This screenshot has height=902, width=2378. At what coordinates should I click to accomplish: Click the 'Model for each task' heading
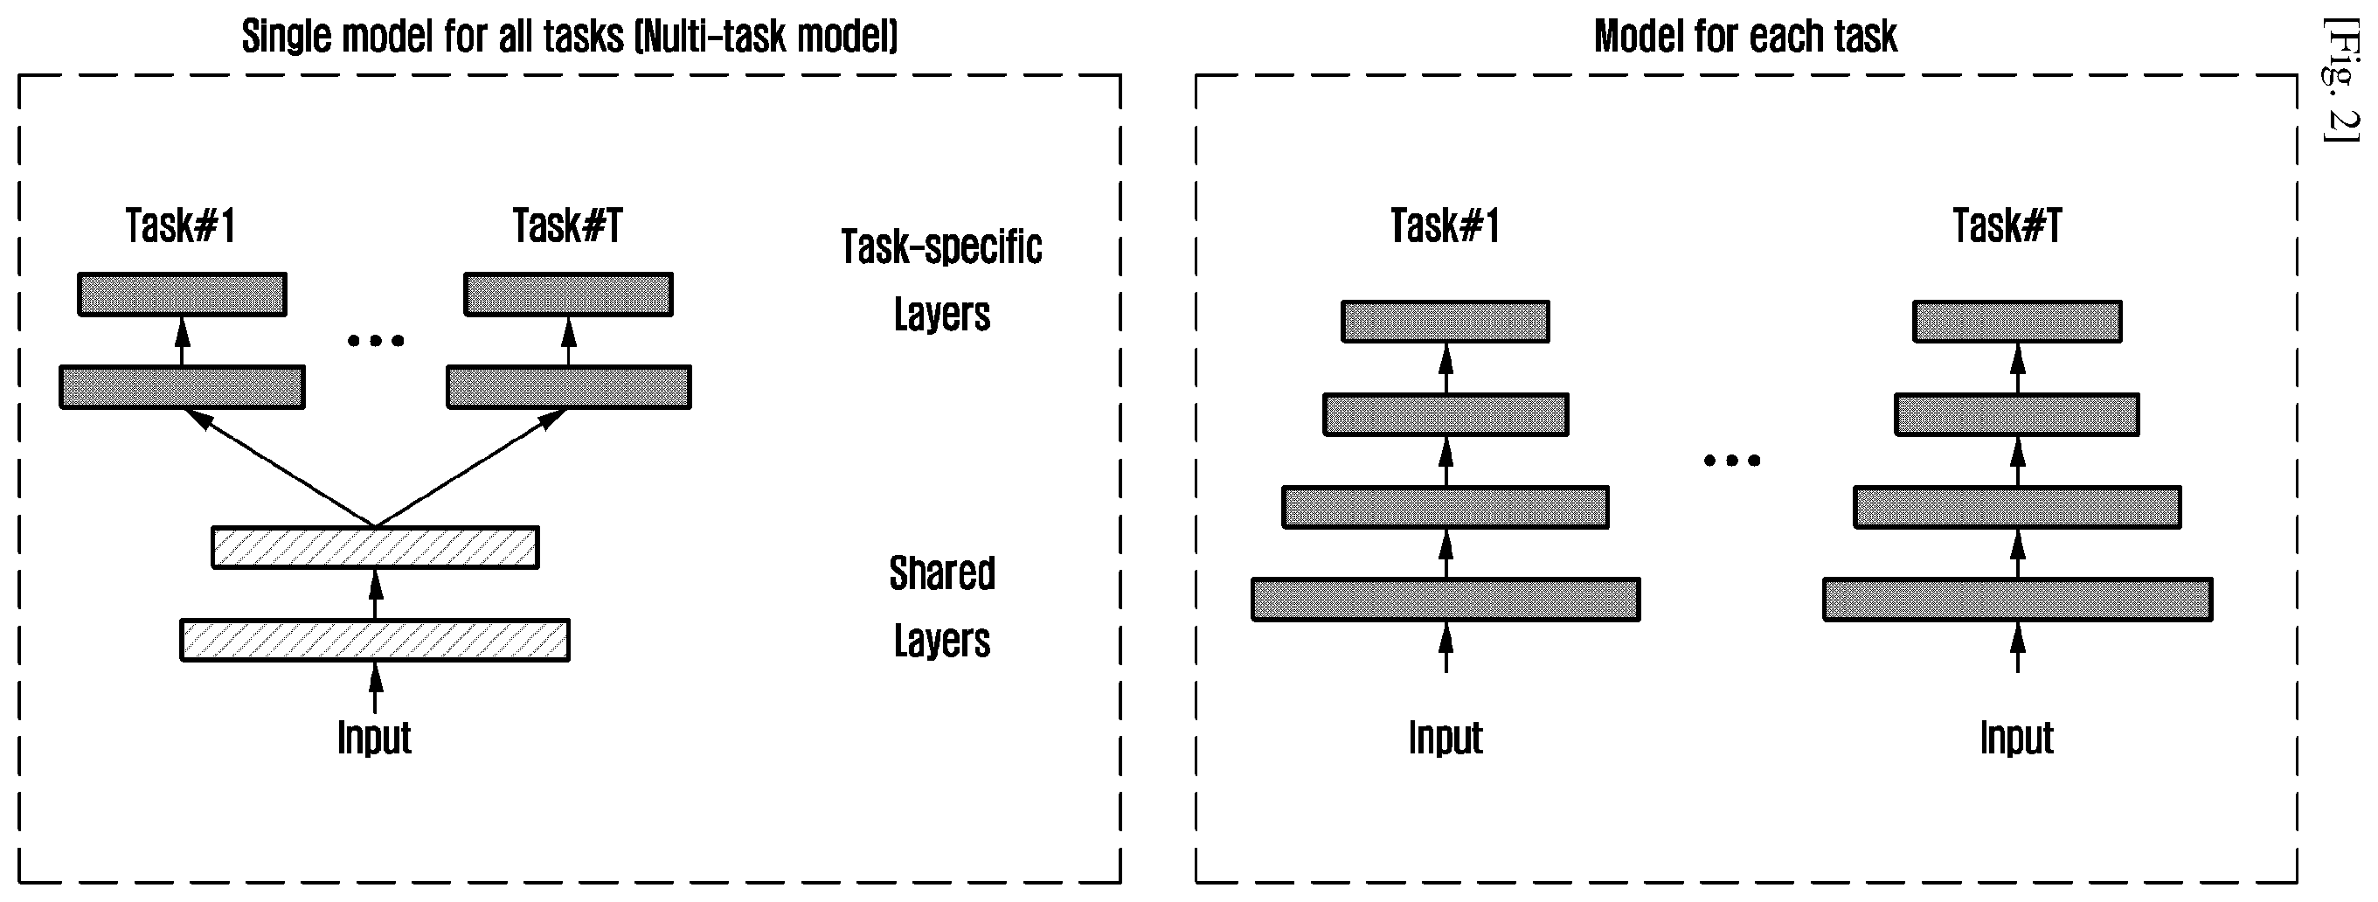[1744, 37]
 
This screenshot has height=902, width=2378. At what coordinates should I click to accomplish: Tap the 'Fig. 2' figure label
[2340, 80]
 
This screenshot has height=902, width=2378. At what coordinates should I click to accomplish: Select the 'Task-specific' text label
[941, 247]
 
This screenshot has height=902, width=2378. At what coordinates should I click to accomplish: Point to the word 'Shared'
[941, 573]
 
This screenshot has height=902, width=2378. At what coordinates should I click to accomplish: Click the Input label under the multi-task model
[374, 738]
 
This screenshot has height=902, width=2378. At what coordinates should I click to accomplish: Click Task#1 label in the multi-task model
[181, 226]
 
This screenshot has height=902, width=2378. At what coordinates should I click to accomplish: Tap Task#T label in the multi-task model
[568, 226]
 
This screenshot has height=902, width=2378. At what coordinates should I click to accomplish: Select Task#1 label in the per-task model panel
[1446, 226]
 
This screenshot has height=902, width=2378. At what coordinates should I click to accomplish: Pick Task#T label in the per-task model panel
[2007, 226]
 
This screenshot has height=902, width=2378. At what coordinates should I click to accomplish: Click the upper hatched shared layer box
[375, 547]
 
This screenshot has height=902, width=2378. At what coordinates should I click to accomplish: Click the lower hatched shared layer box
[375, 641]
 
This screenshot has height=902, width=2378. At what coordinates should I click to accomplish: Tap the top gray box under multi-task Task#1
[182, 295]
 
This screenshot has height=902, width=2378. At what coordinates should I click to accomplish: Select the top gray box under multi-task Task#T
[569, 295]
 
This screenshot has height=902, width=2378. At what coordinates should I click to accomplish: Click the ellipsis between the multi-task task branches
[376, 341]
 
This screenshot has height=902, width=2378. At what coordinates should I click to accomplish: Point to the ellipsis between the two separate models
[1732, 460]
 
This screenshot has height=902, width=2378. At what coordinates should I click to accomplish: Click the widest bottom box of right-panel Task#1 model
[1446, 600]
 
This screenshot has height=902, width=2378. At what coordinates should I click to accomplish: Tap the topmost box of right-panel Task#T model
[2017, 322]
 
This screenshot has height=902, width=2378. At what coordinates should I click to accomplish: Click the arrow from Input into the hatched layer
[375, 688]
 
